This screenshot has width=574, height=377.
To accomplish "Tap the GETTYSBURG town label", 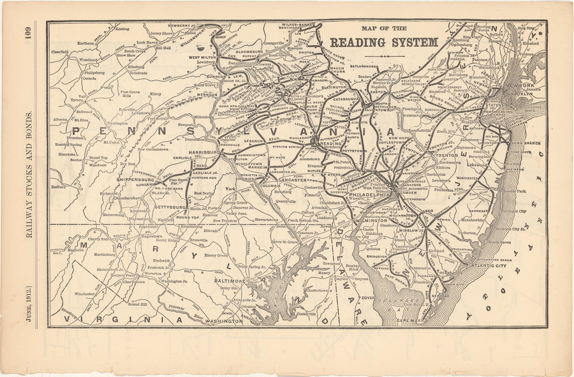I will (x=170, y=207).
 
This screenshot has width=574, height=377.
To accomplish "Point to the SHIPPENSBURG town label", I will (x=136, y=180).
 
